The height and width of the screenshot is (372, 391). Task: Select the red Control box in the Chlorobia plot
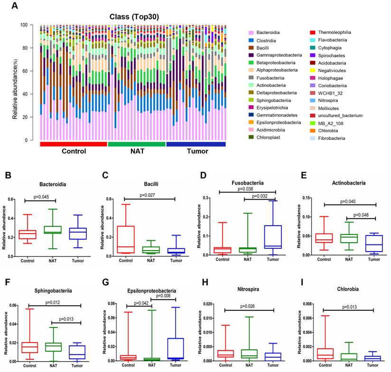tap(324, 353)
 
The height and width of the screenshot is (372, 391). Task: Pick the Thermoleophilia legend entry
tap(332, 32)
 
